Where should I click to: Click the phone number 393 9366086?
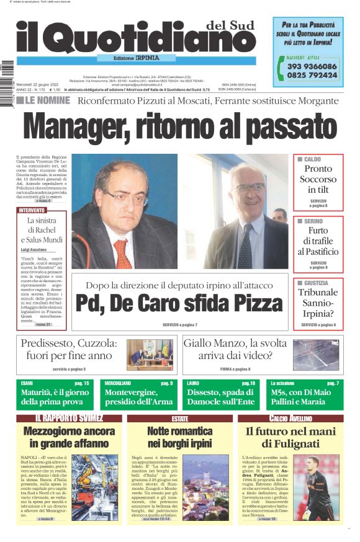[x=312, y=66]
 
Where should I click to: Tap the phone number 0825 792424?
[x=312, y=75]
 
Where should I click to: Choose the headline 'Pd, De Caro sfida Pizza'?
[x=179, y=303]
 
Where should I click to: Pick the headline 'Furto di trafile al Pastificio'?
[x=318, y=241]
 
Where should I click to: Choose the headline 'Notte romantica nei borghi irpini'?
[x=179, y=437]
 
